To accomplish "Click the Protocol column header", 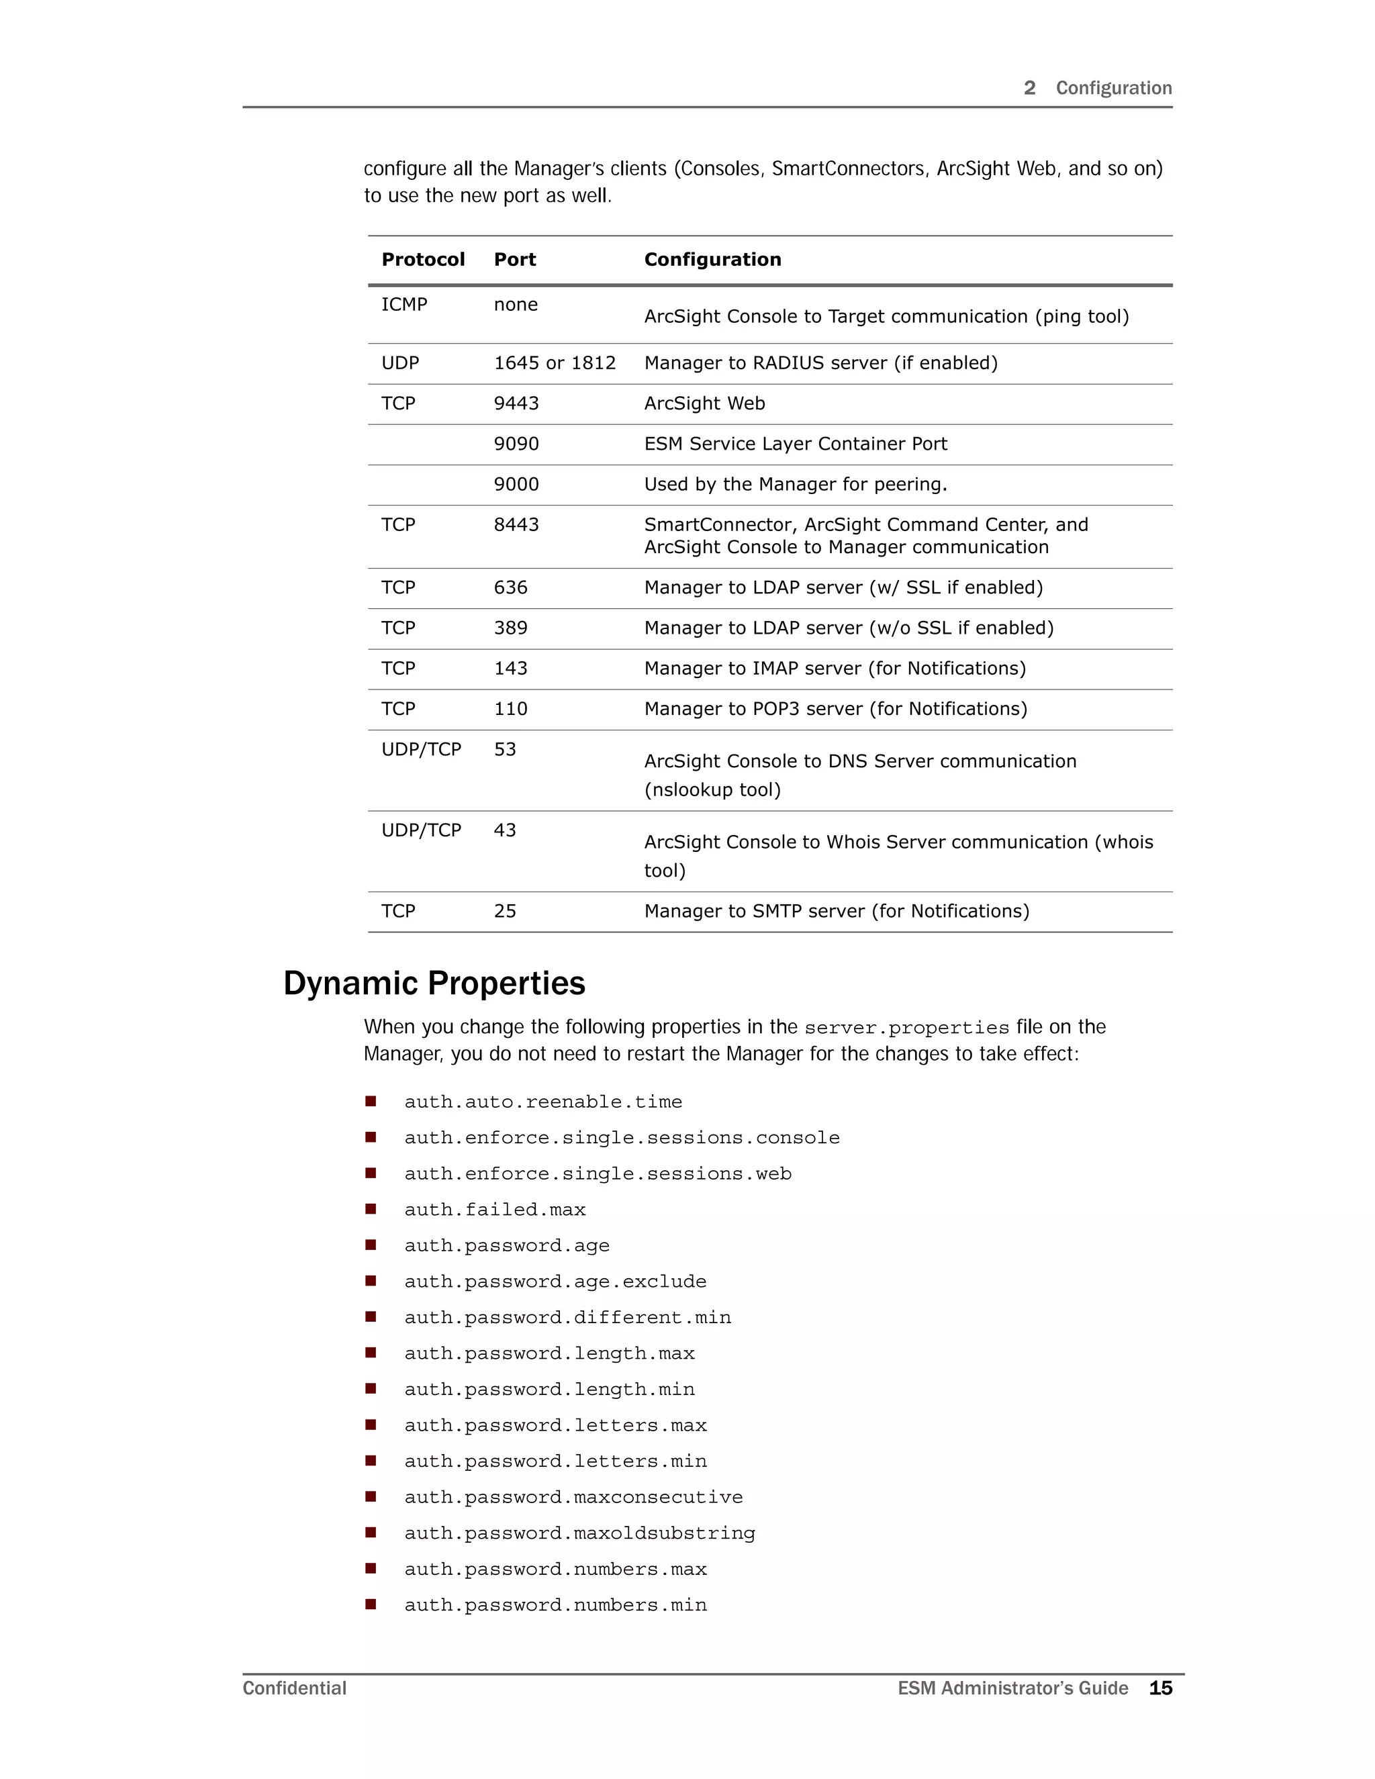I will pos(423,260).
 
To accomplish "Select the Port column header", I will pos(515,260).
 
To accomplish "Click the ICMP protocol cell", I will pos(404,305).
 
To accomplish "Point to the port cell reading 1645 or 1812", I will pos(555,363).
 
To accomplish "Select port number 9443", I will pos(516,404).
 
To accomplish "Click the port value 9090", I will pos(516,444).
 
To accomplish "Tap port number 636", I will pos(511,588).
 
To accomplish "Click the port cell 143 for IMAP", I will pos(511,669).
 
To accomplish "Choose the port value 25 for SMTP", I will pos(505,912).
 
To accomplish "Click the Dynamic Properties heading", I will pos(434,984).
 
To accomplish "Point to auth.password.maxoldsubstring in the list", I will pos(580,1534).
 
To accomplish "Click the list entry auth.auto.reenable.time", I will pos(543,1102).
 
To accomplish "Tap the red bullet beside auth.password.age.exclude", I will pos(371,1280).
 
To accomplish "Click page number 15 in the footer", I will pos(1160,1688).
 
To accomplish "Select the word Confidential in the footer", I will pos(295,1688).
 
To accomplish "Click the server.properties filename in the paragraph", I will pos(906,1028).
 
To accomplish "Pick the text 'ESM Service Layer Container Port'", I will pos(796,444).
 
